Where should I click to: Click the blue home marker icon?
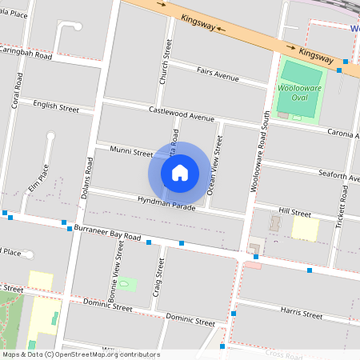[x=180, y=172]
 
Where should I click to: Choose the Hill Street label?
[x=294, y=214]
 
